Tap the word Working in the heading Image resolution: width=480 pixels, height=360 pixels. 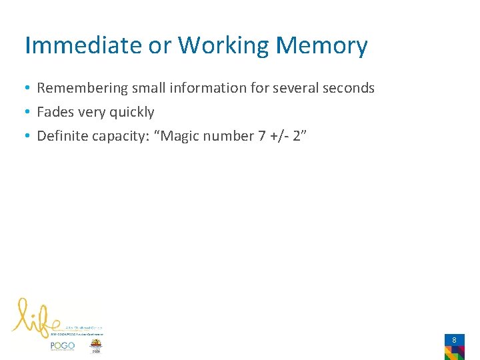(223, 45)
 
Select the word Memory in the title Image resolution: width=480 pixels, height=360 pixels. (321, 45)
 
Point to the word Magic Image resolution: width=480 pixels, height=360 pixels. (181, 136)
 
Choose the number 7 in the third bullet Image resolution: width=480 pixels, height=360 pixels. (261, 136)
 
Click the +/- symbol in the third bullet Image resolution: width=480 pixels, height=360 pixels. (280, 136)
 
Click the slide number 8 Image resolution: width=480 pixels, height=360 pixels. (454, 340)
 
